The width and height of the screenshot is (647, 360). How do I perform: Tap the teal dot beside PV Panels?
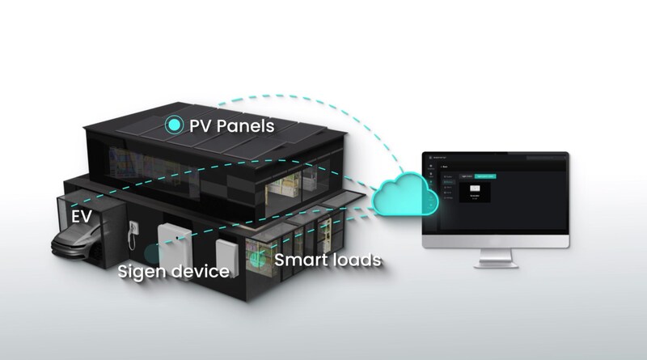[174, 125]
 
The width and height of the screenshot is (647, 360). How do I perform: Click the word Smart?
[299, 260]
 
